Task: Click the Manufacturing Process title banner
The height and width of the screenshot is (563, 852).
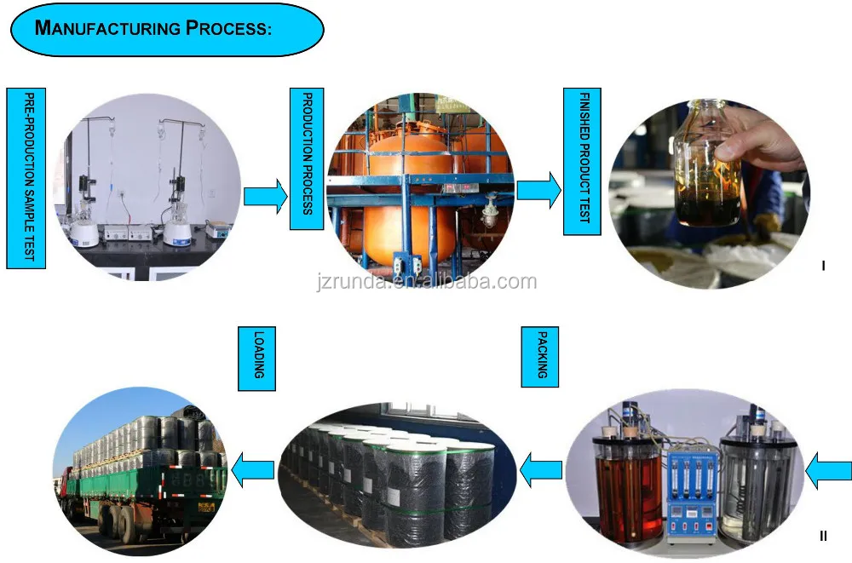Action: [167, 29]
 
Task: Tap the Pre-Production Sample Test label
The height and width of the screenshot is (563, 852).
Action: [26, 177]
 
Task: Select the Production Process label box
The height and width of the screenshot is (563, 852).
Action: [307, 159]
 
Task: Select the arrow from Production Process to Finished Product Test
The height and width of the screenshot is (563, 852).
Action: [538, 191]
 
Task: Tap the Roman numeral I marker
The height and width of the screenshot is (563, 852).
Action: [823, 267]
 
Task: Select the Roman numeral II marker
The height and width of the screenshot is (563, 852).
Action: [823, 536]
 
